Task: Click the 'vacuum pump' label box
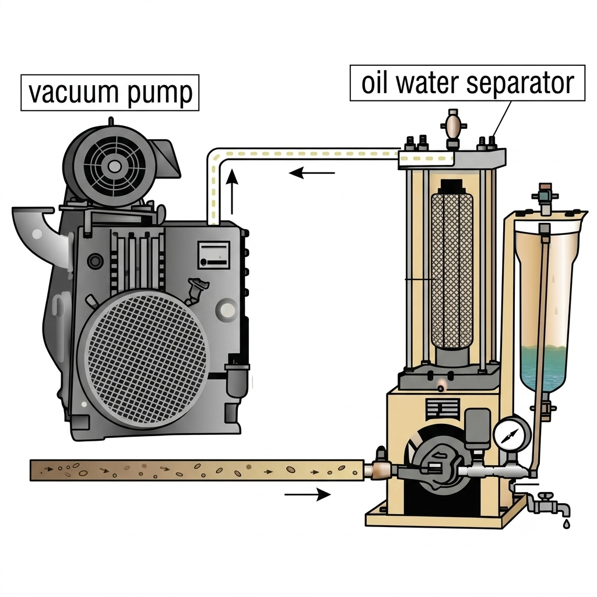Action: coord(110,93)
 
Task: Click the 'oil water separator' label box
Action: coord(467,83)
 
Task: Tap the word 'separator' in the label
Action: coord(519,83)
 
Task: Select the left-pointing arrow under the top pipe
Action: coord(312,173)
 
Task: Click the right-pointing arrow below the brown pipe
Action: coord(308,494)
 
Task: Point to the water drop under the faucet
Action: coord(566,524)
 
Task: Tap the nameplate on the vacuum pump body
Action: coord(213,254)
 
